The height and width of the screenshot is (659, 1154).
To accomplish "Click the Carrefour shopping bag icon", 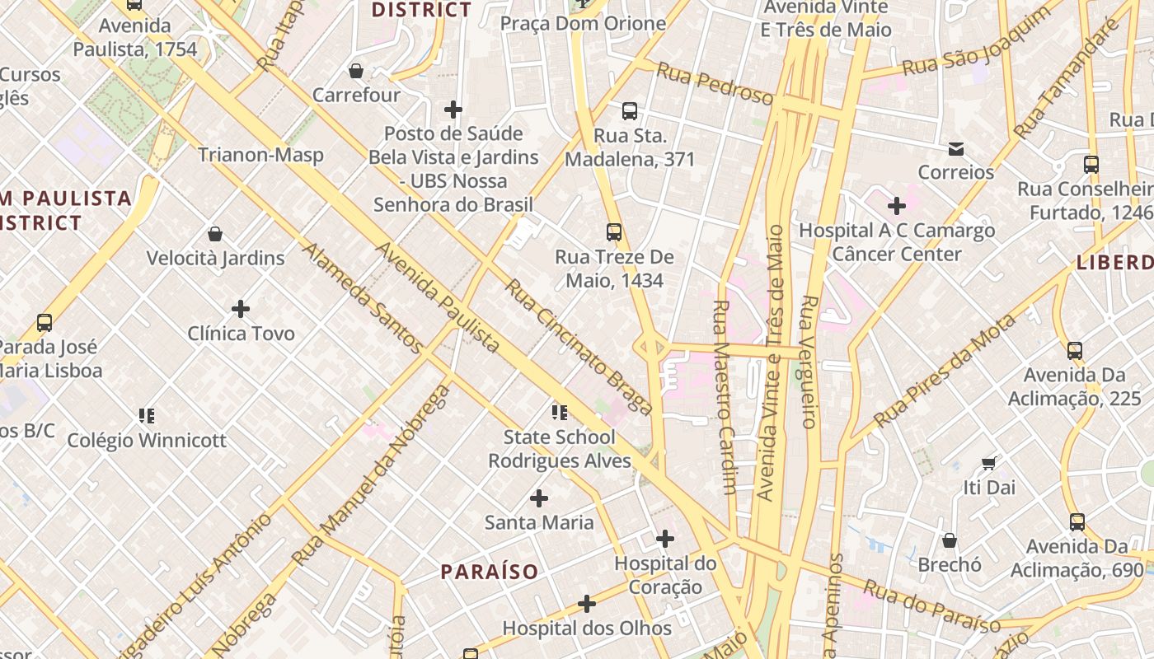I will (356, 71).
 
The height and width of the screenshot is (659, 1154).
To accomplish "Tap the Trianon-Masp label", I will (260, 155).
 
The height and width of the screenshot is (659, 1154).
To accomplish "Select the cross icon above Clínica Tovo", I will (241, 309).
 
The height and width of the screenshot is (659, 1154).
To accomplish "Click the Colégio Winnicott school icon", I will (147, 416).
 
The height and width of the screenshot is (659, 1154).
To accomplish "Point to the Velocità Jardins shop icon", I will (215, 234).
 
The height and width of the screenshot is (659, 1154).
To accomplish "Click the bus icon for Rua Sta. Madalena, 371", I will (630, 111).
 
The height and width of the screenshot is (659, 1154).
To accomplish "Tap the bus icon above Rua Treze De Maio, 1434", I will (614, 232).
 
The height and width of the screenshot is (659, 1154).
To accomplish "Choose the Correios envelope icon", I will (956, 149).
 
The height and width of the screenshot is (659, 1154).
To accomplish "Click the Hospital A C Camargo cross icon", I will (897, 206).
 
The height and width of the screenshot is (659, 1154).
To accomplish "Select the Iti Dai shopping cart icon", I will (989, 464).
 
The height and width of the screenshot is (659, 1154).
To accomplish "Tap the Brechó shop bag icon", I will (950, 541).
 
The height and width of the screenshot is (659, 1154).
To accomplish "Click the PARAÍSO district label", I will (489, 572).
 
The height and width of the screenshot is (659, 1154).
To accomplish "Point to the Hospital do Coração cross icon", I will (665, 540).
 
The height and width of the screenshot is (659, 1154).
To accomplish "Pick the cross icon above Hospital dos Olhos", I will (587, 605).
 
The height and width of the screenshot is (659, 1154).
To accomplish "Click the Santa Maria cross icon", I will (539, 498).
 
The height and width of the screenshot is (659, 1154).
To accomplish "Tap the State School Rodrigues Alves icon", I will (560, 413).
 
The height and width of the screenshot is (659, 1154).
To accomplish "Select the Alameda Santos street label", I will (363, 297).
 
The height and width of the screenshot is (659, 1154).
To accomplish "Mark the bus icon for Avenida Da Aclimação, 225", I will (1075, 351).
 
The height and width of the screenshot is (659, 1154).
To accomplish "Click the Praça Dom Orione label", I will (583, 23).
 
